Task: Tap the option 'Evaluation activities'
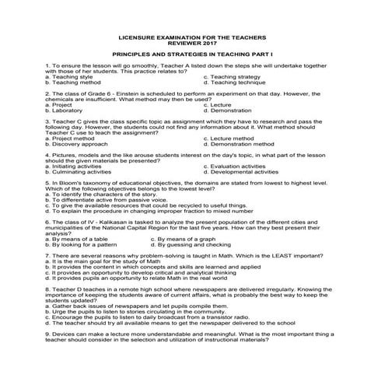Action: (238, 165)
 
